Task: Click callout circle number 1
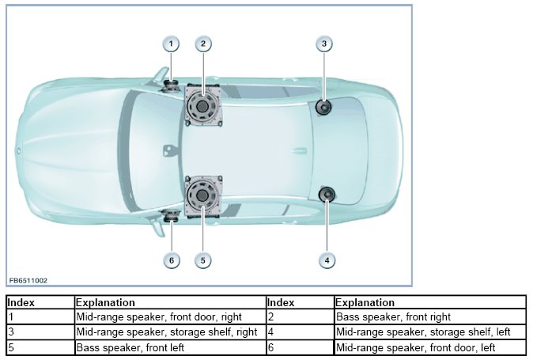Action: [x=172, y=44]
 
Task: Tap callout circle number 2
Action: [x=203, y=44]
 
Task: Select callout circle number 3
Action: [x=324, y=44]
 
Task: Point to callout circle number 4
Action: [x=324, y=259]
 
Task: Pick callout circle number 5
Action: [x=203, y=259]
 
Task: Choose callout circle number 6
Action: [x=172, y=259]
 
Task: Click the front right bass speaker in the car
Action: [x=202, y=105]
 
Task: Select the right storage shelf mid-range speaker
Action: [x=323, y=107]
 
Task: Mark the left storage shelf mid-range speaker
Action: [x=325, y=195]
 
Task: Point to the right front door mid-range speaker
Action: [x=171, y=85]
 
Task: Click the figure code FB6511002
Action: [x=28, y=280]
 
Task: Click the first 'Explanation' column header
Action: [x=105, y=302]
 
